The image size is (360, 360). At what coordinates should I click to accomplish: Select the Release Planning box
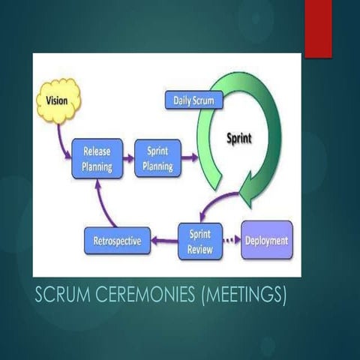[97, 157]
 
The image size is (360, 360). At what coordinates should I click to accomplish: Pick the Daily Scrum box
[193, 100]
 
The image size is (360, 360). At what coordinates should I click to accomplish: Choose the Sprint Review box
[200, 241]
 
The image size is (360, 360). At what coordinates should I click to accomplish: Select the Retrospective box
[117, 241]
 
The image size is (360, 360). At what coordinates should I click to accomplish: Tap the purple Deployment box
[266, 241]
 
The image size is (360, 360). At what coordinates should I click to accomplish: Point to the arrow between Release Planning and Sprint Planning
[127, 157]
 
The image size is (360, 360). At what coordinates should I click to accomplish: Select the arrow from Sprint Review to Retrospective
[163, 241]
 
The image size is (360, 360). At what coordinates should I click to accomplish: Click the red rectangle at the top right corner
[318, 28]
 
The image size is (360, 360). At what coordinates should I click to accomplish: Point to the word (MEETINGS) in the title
[244, 295]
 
